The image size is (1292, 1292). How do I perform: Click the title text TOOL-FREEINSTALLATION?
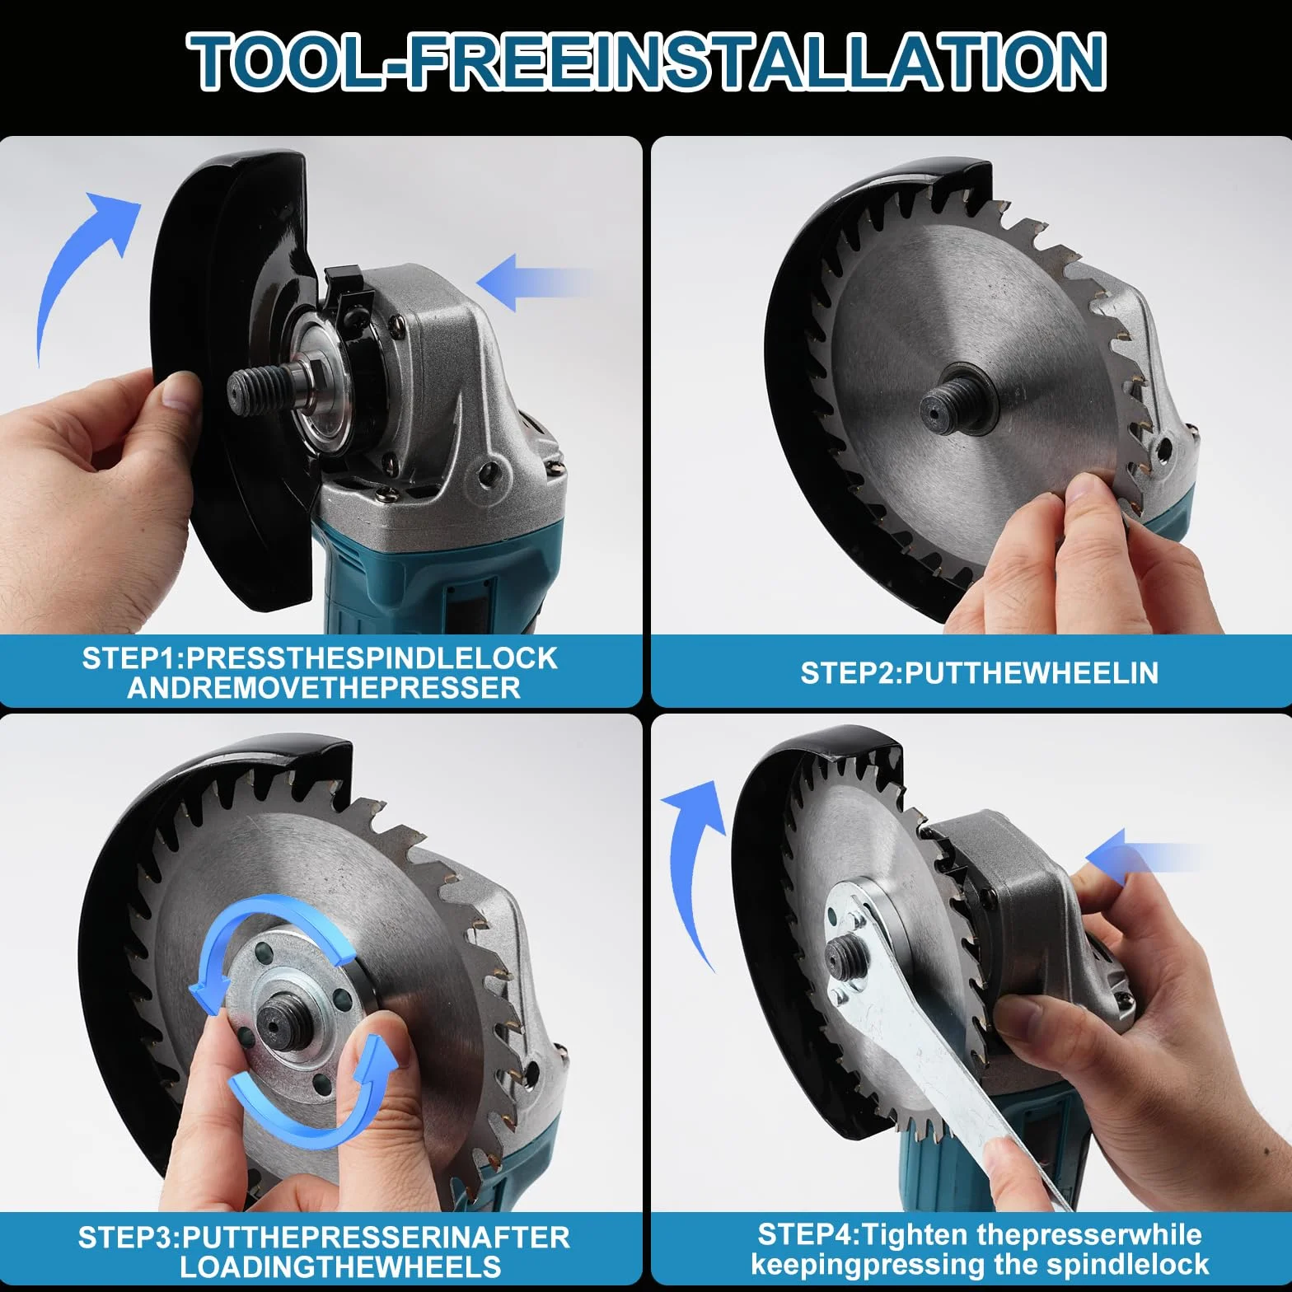(646, 61)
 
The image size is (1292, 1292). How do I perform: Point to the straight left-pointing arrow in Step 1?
(534, 283)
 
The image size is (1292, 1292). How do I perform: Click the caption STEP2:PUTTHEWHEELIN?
(979, 673)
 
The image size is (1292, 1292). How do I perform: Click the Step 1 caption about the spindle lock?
(321, 672)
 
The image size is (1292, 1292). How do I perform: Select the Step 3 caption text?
(324, 1252)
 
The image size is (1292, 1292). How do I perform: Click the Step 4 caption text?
(979, 1249)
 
